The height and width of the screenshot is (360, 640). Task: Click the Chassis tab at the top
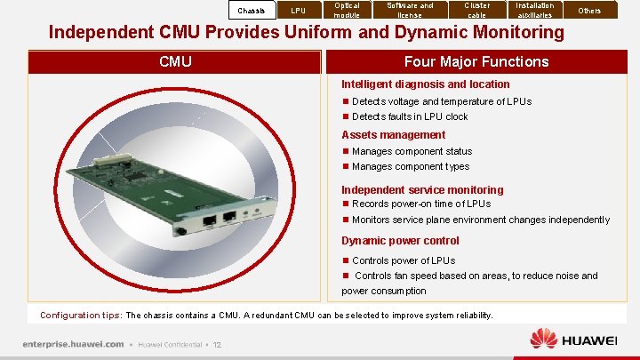click(252, 11)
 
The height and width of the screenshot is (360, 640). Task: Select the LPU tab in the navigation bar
click(299, 11)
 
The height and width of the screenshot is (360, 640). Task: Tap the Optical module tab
click(347, 10)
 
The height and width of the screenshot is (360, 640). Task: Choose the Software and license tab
click(410, 10)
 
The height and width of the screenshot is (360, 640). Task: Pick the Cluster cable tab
click(477, 10)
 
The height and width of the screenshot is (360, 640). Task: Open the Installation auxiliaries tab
click(534, 10)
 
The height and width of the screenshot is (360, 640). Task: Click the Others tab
click(589, 11)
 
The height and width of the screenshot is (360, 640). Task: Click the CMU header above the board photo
click(175, 61)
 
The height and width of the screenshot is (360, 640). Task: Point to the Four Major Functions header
click(476, 61)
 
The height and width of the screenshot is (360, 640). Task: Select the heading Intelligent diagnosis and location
click(426, 84)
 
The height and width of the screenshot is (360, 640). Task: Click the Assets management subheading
click(394, 135)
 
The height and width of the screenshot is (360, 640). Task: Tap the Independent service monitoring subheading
click(422, 189)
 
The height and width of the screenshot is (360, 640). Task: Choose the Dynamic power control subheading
click(400, 241)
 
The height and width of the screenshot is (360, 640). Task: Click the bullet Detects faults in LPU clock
click(410, 116)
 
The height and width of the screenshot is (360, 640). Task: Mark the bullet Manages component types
click(411, 166)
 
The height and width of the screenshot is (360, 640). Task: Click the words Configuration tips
click(81, 316)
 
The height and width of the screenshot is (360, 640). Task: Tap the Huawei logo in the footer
click(573, 340)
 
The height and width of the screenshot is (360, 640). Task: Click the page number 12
click(217, 345)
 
